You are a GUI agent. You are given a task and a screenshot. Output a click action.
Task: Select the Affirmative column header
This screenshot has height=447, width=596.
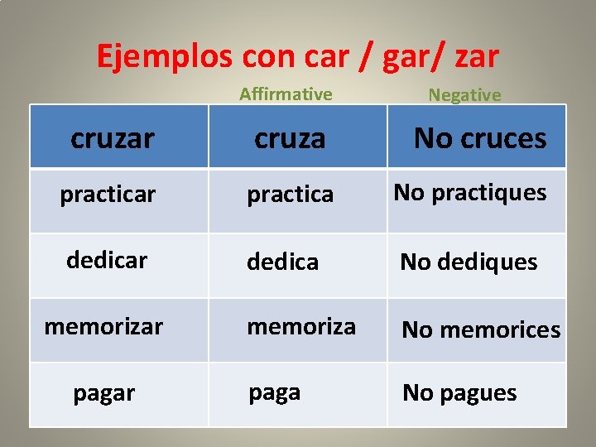tap(286, 94)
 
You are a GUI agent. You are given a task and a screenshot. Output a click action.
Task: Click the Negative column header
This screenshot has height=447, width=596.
tap(464, 95)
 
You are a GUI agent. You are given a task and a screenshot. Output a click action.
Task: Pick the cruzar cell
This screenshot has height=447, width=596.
tap(113, 138)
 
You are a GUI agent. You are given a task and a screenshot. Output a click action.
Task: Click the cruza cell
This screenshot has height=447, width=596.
tap(290, 138)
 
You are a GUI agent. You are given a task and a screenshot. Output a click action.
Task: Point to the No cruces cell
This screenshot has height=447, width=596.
tap(480, 137)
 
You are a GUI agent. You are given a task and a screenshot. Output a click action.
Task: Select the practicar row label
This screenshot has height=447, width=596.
tap(108, 195)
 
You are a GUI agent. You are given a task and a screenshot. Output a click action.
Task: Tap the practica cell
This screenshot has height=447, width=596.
tap(291, 195)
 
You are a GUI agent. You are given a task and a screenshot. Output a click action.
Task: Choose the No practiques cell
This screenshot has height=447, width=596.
tap(470, 193)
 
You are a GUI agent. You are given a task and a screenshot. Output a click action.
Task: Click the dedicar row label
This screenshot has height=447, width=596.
tap(107, 260)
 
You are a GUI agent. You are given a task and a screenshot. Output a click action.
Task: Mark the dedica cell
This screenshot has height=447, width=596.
tap(283, 262)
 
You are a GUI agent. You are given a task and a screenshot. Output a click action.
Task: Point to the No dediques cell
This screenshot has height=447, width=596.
tap(469, 262)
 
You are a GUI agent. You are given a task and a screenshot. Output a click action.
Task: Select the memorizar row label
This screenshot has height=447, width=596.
tap(103, 327)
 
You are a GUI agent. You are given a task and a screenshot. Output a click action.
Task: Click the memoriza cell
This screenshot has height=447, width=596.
tap(301, 327)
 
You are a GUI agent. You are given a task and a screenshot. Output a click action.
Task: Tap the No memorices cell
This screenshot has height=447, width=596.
tap(481, 330)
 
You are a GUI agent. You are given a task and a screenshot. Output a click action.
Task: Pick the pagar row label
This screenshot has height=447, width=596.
tap(103, 393)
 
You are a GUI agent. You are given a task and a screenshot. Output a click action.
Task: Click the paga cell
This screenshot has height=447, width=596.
tap(275, 392)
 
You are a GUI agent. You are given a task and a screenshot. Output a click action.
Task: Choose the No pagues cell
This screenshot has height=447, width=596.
tap(459, 393)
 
